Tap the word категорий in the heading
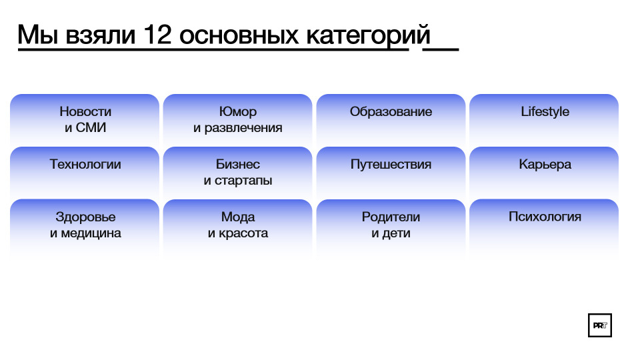pyautogui.click(x=368, y=35)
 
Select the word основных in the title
pyautogui.click(x=239, y=35)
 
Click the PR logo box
pyautogui.click(x=599, y=325)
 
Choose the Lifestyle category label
pyautogui.click(x=545, y=111)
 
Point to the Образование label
pyautogui.click(x=391, y=111)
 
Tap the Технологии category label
pyautogui.click(x=85, y=164)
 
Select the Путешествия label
pyautogui.click(x=391, y=164)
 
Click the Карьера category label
pyautogui.click(x=545, y=164)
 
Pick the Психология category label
pyautogui.click(x=545, y=217)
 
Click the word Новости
pyautogui.click(x=85, y=111)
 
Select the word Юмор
pyautogui.click(x=238, y=111)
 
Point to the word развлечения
pyautogui.click(x=243, y=128)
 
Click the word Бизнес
pyautogui.click(x=238, y=164)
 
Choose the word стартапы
pyautogui.click(x=243, y=181)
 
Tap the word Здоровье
pyautogui.click(x=85, y=217)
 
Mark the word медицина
pyautogui.click(x=91, y=233)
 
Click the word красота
pyautogui.click(x=243, y=233)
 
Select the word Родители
pyautogui.click(x=391, y=217)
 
